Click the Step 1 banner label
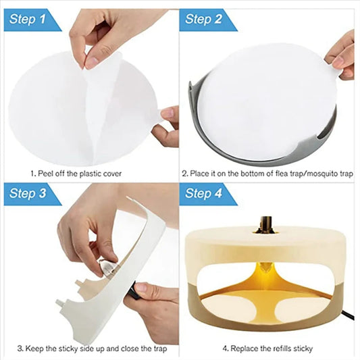point(28,20)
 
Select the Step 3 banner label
point(28,194)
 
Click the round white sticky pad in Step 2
point(263,101)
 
